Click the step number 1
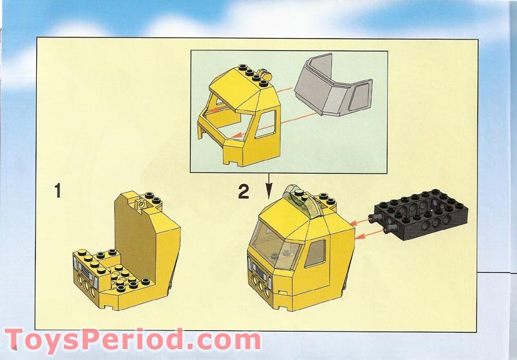coord(58,191)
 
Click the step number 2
coord(244,191)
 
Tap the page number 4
coord(14,348)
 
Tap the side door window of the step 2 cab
coord(315,253)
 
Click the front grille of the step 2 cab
coord(260,273)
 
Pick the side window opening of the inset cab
coord(266,124)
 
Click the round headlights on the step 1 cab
coord(86,286)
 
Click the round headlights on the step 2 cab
coord(260,286)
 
